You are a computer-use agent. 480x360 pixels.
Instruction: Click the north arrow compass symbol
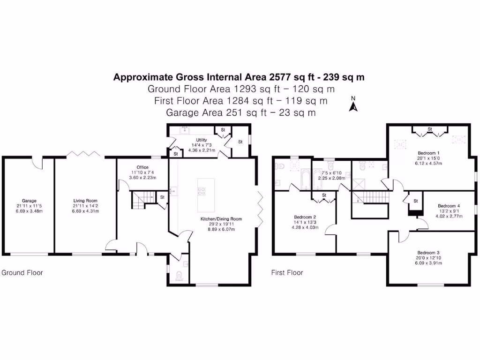[x=354, y=105]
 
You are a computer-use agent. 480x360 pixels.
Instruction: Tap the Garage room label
[x=29, y=201]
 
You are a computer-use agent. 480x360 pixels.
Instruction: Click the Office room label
[x=142, y=167]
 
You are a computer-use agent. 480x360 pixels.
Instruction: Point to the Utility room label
[x=201, y=140]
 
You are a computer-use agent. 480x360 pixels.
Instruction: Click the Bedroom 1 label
[x=428, y=153]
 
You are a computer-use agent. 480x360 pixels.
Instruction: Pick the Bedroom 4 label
[x=449, y=206]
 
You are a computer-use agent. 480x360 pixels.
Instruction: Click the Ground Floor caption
[x=22, y=272]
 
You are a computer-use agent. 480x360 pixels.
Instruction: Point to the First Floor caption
[x=287, y=272]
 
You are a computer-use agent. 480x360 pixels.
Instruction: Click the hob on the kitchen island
[x=202, y=190]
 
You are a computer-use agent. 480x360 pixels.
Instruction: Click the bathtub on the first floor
[x=305, y=180]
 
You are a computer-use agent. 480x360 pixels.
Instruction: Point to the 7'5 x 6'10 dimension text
[x=332, y=172]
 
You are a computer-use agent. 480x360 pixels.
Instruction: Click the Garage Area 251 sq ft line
[x=240, y=112]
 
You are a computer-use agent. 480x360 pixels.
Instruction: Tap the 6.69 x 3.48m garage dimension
[x=29, y=211]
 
